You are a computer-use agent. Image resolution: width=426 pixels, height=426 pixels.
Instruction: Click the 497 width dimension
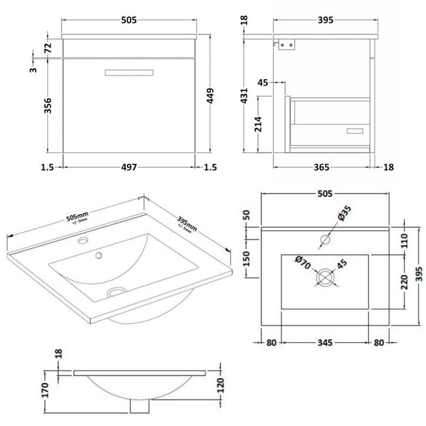130,167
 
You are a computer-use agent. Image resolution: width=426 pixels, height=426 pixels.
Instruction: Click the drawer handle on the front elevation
129,73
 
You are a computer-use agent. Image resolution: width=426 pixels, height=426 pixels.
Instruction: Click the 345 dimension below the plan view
325,341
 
